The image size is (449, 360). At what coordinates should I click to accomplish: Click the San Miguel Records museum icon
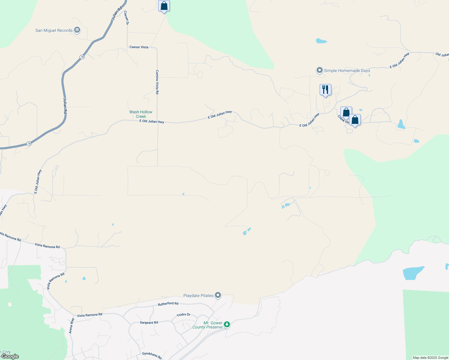coord(77,30)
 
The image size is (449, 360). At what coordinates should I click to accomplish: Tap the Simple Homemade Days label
coord(347,71)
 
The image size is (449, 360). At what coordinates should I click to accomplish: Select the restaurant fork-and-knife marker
coord(325,90)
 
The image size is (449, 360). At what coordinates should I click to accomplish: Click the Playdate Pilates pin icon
coord(218,295)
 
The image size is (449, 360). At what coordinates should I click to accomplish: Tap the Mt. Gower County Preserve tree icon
coord(227,324)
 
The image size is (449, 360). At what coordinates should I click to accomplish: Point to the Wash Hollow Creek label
coord(141,114)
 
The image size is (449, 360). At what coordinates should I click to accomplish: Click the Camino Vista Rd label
coord(157,82)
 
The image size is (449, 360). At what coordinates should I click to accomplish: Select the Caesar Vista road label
coord(139,47)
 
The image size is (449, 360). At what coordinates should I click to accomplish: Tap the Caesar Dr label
coord(127,18)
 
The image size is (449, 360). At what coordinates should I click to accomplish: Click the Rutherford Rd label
coord(168,304)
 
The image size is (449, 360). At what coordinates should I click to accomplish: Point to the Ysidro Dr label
coord(183,315)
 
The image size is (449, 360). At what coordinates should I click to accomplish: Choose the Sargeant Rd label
coord(149,322)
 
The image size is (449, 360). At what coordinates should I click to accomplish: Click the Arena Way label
coord(71,326)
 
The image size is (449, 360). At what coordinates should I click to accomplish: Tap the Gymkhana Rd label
coord(152,355)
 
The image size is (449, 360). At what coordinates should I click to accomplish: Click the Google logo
coord(10,356)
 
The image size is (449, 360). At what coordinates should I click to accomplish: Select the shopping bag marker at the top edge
coord(164,6)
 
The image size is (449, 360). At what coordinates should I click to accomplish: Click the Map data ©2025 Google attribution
coord(430,358)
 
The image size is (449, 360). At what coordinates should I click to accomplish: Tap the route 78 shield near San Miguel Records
coord(82,57)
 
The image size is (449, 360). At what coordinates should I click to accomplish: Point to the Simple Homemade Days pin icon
coord(320,70)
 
